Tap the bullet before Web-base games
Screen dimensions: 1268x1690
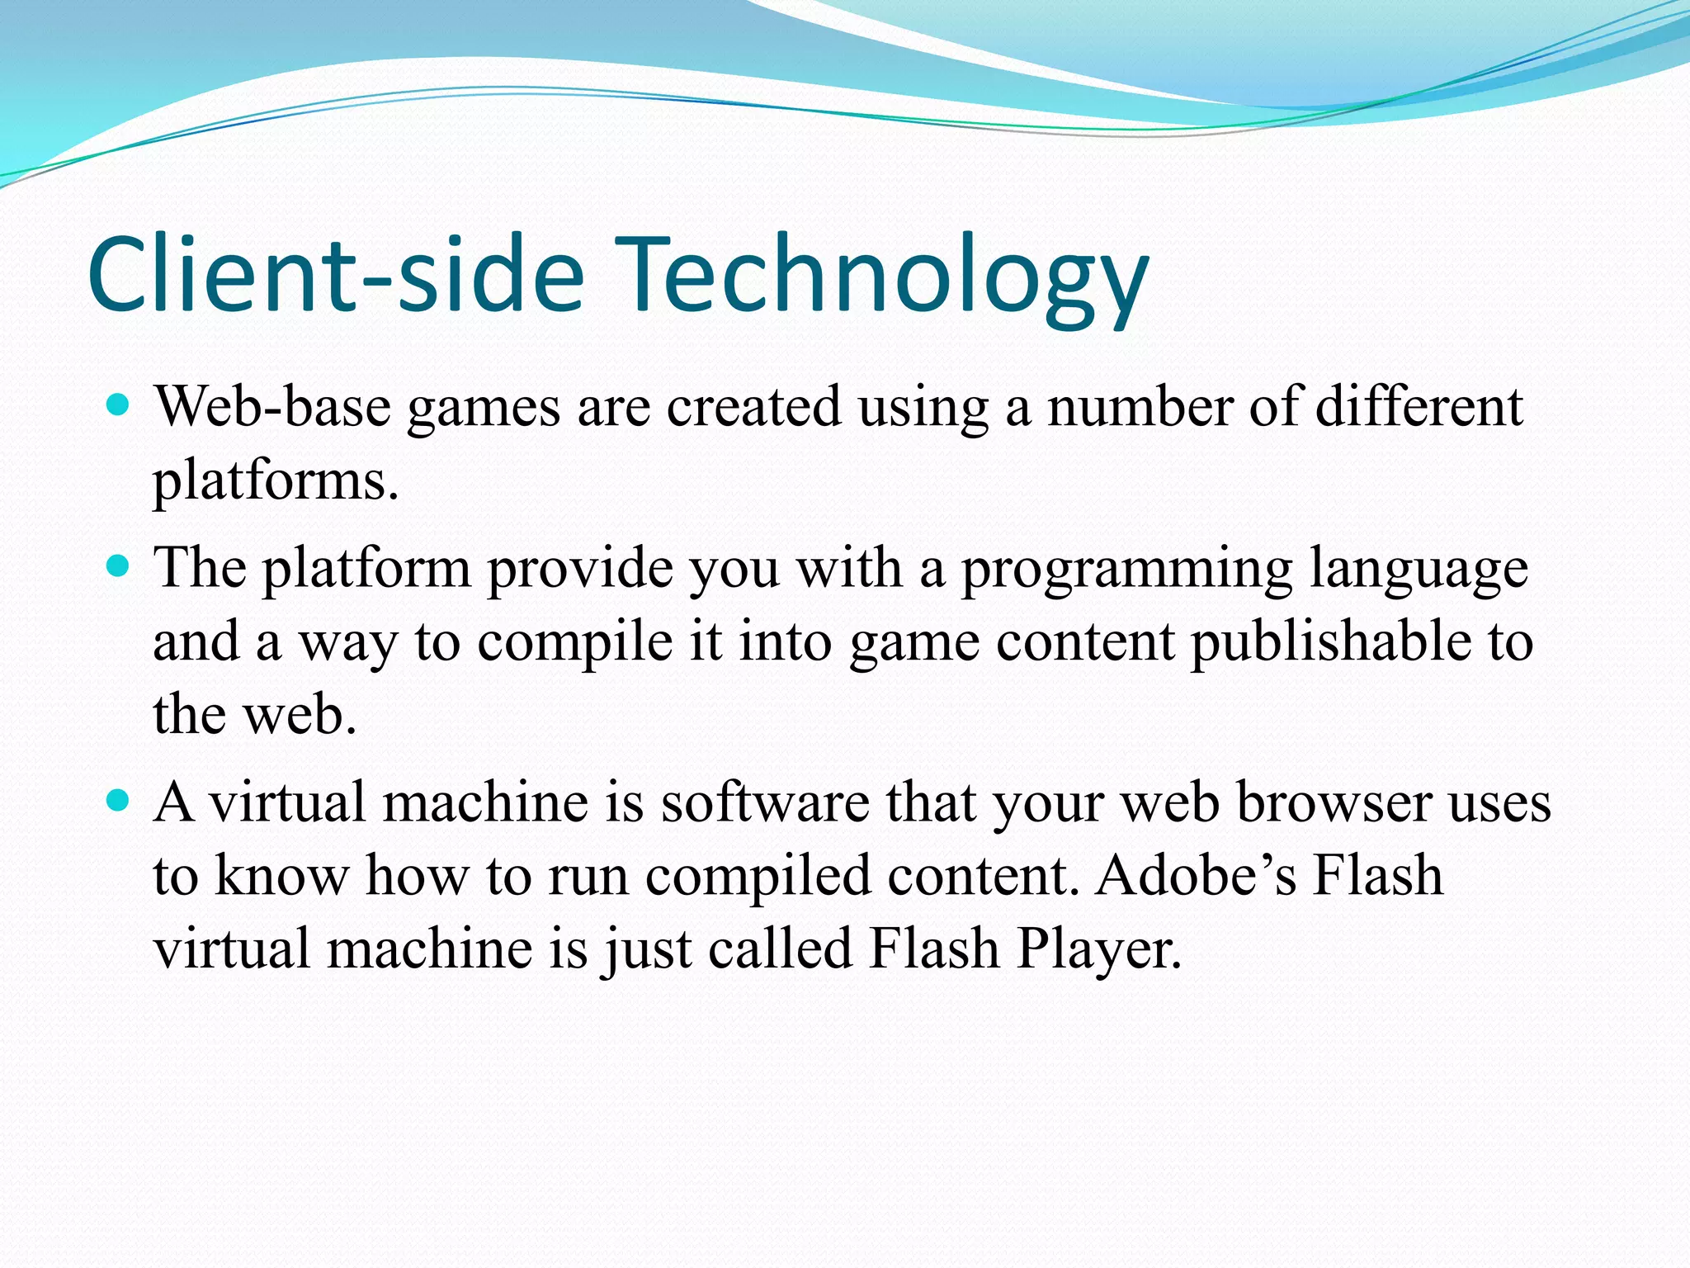(x=120, y=405)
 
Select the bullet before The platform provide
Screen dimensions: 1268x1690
(x=120, y=566)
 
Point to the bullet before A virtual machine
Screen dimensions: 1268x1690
(x=120, y=800)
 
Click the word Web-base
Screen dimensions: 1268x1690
(x=273, y=406)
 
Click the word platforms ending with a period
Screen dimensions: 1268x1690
(x=276, y=480)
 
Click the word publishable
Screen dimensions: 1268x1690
(x=1330, y=642)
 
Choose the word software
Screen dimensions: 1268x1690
(x=765, y=802)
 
